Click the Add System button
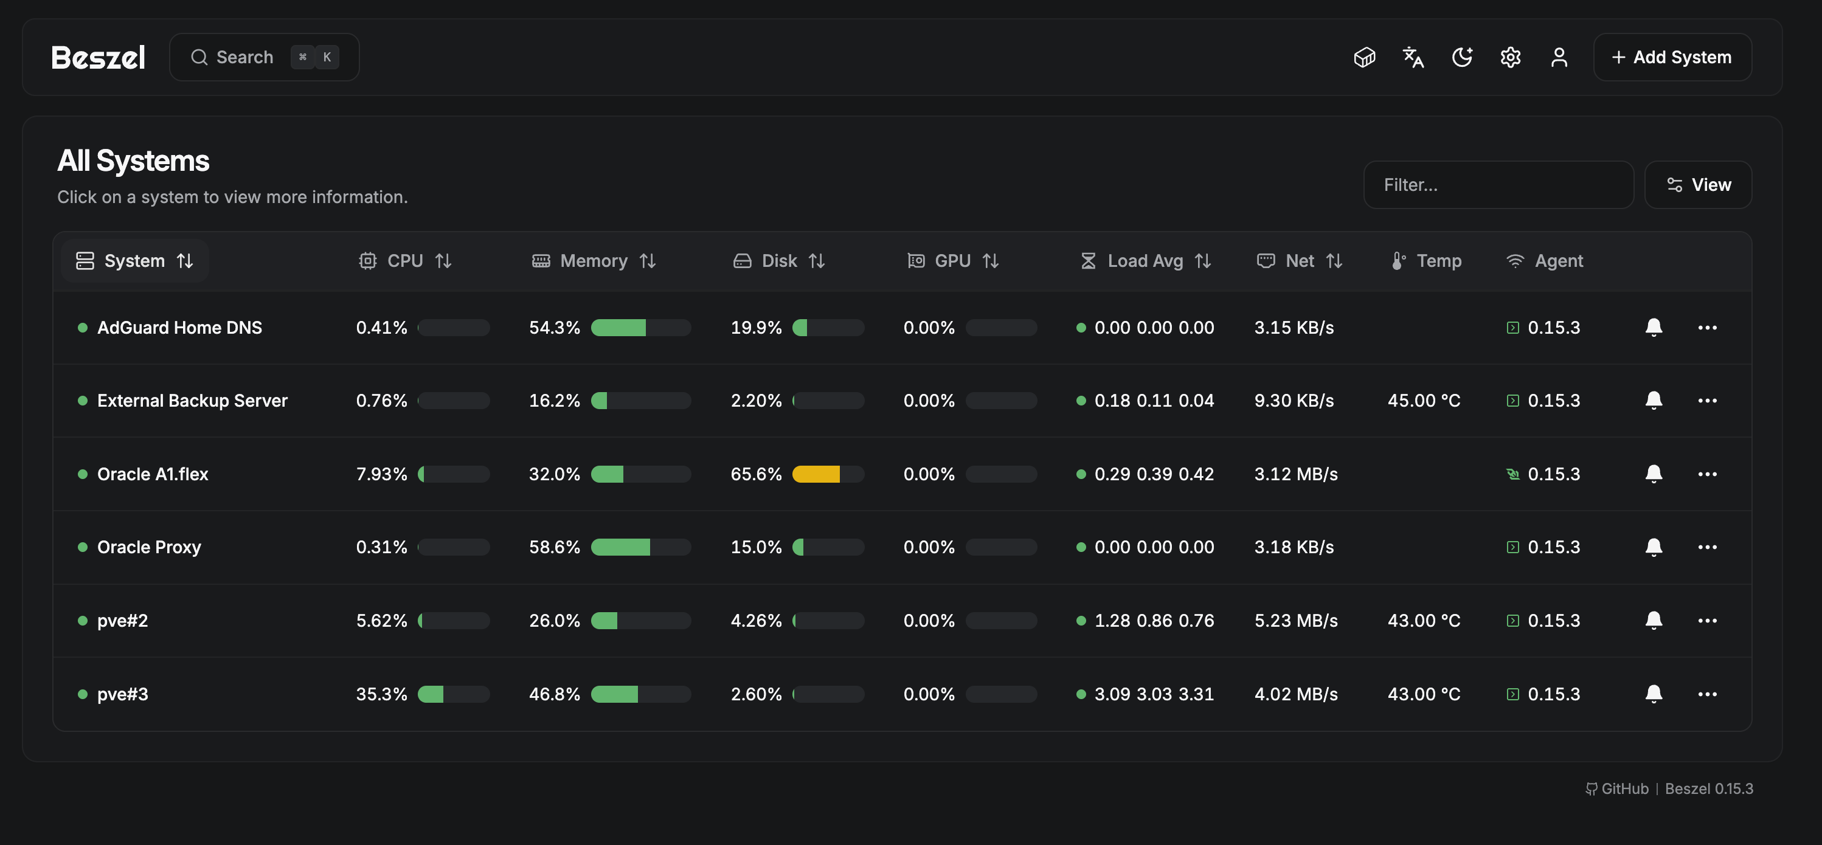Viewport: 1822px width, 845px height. pyautogui.click(x=1671, y=57)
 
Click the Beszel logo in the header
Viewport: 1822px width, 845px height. pyautogui.click(x=99, y=57)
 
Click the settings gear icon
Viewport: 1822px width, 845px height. pyautogui.click(x=1510, y=57)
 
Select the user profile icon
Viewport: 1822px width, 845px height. pyautogui.click(x=1559, y=57)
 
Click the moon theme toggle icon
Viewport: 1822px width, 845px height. pyautogui.click(x=1462, y=57)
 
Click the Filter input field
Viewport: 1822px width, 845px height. pyautogui.click(x=1497, y=185)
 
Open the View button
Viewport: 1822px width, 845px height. pyautogui.click(x=1697, y=185)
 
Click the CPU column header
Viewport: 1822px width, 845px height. pyautogui.click(x=404, y=261)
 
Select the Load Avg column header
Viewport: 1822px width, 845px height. pyautogui.click(x=1145, y=261)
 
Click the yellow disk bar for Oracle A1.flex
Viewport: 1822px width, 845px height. pyautogui.click(x=816, y=474)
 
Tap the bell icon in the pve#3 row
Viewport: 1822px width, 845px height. pyautogui.click(x=1653, y=694)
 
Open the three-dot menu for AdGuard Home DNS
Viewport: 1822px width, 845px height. pyautogui.click(x=1706, y=328)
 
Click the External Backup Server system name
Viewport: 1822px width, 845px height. pyautogui.click(x=192, y=401)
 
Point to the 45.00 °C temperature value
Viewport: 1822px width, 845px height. pyautogui.click(x=1423, y=401)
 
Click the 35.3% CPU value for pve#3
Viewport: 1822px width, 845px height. pyautogui.click(x=381, y=694)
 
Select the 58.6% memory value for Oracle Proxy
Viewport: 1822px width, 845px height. pyautogui.click(x=554, y=547)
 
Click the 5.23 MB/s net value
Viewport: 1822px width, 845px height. pyautogui.click(x=1296, y=620)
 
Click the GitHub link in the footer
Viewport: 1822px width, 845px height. pyautogui.click(x=1624, y=788)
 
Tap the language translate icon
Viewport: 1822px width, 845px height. pyautogui.click(x=1413, y=57)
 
